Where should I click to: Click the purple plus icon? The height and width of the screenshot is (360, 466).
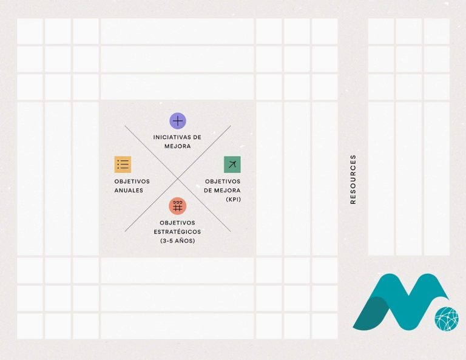(178, 121)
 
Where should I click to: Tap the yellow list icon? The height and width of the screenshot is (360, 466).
(123, 165)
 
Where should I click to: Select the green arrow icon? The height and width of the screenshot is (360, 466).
(232, 165)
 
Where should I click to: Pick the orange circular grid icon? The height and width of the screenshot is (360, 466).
(178, 206)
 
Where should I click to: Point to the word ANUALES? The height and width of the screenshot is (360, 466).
(129, 191)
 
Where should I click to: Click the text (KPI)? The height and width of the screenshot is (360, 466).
(233, 200)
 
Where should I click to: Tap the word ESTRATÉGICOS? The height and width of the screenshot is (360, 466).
(177, 231)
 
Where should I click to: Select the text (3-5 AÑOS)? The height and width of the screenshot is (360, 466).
(177, 241)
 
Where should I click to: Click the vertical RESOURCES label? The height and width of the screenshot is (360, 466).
(353, 179)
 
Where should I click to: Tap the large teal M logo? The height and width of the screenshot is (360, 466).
(400, 302)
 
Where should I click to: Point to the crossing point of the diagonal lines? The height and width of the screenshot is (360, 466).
(178, 178)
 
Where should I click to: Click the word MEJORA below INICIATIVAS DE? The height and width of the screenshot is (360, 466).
(178, 146)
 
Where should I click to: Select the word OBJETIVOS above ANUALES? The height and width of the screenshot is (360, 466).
(132, 182)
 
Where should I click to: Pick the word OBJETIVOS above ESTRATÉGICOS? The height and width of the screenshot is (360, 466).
(177, 223)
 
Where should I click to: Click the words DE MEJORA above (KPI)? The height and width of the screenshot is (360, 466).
(222, 191)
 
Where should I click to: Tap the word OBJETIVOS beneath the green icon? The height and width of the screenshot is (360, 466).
(223, 182)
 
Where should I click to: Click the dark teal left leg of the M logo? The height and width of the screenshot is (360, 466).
(371, 312)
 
